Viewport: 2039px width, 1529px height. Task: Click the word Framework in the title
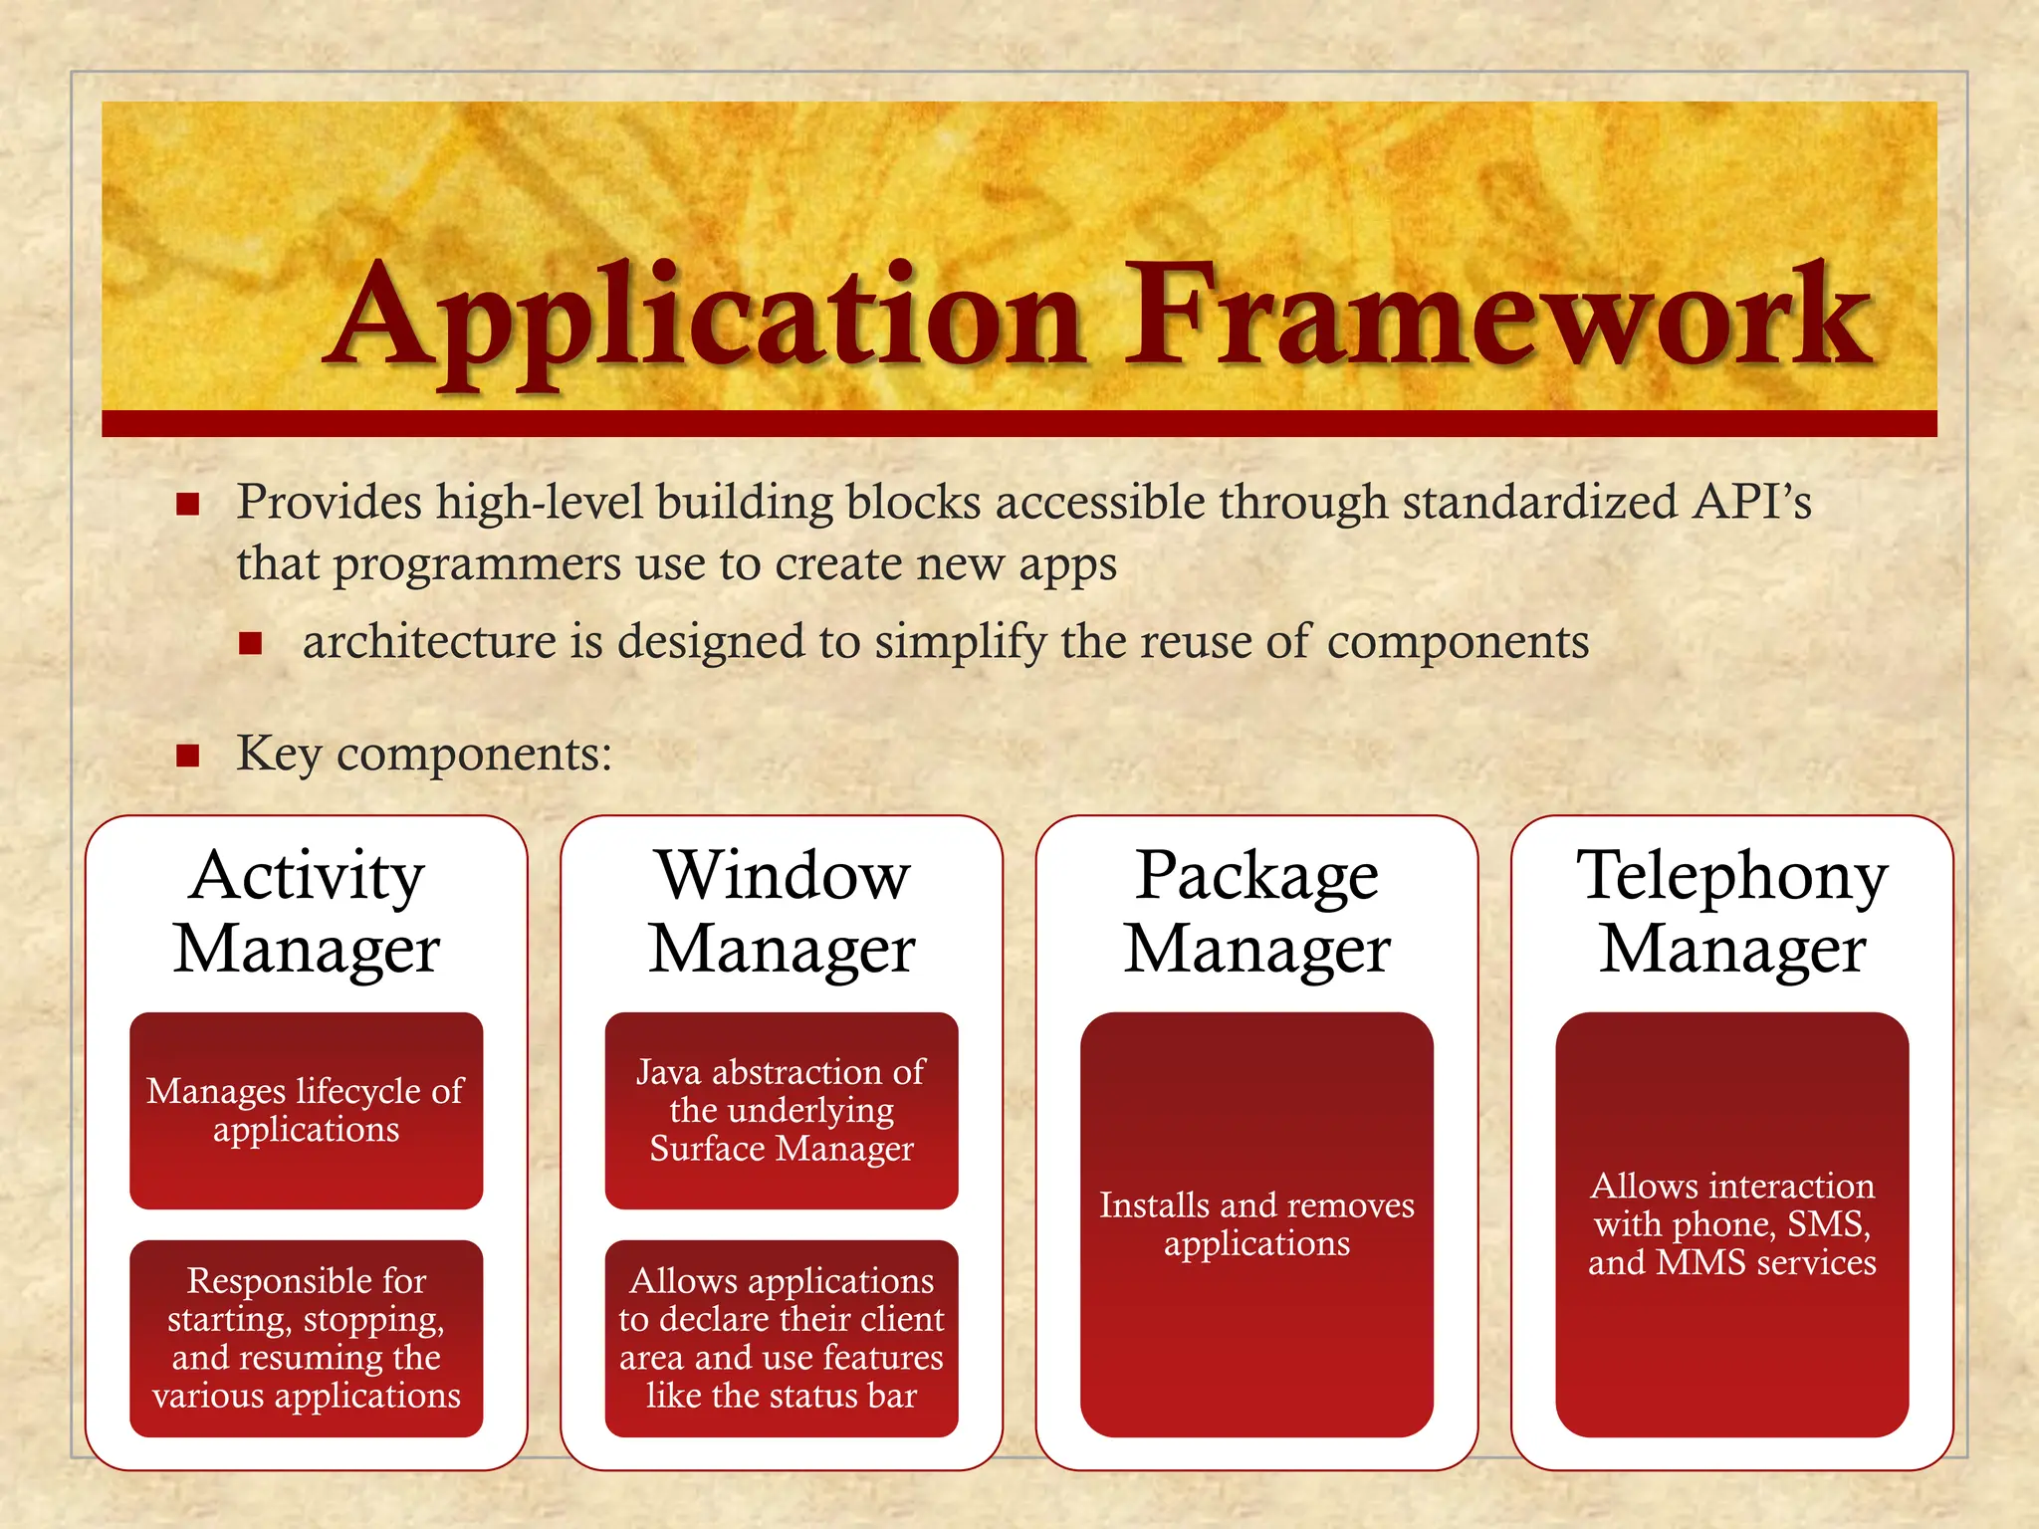(x=1498, y=319)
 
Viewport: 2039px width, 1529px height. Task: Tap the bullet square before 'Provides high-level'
(x=188, y=504)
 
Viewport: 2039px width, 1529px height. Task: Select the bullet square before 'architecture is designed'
(x=250, y=643)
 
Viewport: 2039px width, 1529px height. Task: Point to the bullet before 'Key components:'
(x=188, y=756)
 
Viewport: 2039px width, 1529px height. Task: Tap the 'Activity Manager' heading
(x=307, y=911)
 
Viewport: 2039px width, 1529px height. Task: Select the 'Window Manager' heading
(x=782, y=911)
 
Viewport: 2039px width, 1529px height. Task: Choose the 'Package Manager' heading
(x=1256, y=911)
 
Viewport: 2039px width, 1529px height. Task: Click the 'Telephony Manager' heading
(x=1732, y=911)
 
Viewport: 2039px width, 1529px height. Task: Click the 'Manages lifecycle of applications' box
(x=307, y=1110)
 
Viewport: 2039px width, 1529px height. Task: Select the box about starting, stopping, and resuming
(x=307, y=1338)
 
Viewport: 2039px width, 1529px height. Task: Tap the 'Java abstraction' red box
(x=782, y=1110)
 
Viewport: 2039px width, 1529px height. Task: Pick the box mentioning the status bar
(x=782, y=1338)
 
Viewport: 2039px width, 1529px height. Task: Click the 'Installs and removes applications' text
(x=1256, y=1224)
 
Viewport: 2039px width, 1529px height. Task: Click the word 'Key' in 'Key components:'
(x=279, y=754)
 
